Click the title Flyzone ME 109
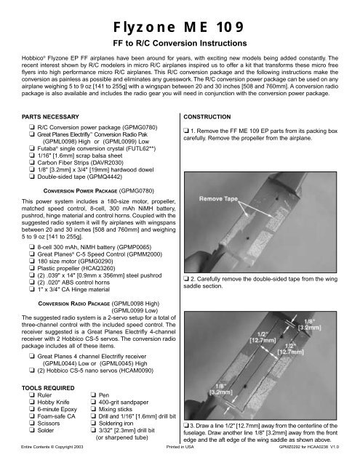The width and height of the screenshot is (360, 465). (x=178, y=27)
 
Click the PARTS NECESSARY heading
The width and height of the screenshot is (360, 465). (x=50, y=117)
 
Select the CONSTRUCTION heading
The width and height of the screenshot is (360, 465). (x=207, y=117)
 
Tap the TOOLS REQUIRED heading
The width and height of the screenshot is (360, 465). (x=48, y=388)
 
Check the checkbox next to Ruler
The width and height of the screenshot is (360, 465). (x=32, y=395)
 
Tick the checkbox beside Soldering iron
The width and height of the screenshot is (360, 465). (x=93, y=423)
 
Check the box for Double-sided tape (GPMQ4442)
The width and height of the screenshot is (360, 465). (x=32, y=177)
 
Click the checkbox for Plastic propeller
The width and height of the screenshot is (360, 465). (x=32, y=268)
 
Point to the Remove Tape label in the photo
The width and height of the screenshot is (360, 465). (x=218, y=198)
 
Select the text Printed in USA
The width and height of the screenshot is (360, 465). (x=180, y=447)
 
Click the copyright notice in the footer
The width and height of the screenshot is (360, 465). (x=52, y=447)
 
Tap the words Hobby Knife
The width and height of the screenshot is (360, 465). (x=53, y=402)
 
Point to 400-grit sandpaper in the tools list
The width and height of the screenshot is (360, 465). (x=124, y=402)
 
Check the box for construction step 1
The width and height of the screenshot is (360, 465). (x=186, y=131)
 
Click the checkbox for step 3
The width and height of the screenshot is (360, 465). (x=186, y=426)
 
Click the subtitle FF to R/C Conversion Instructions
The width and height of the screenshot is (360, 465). (x=180, y=44)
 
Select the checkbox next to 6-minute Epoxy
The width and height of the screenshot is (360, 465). (x=32, y=409)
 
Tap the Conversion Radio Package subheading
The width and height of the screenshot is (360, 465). (x=74, y=304)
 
